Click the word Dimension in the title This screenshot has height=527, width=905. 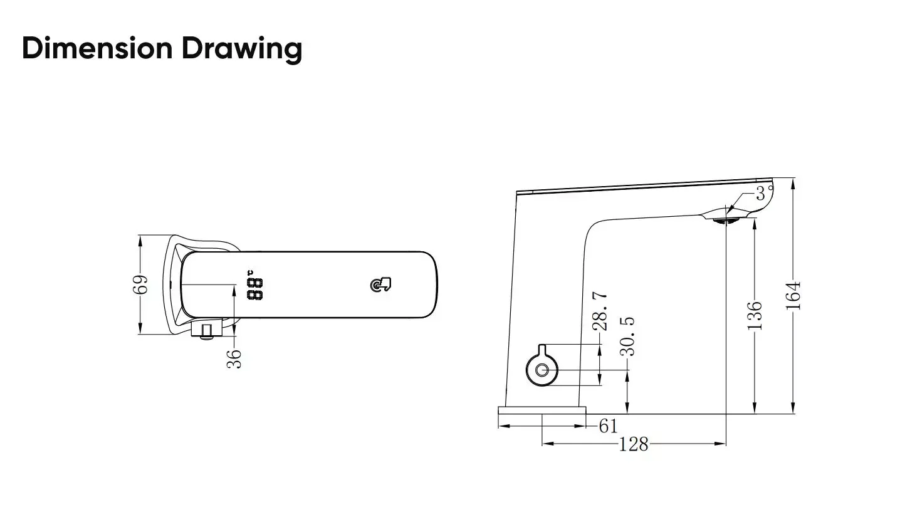(x=97, y=48)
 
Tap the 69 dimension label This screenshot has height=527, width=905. (x=143, y=284)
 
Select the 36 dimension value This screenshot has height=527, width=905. (x=234, y=358)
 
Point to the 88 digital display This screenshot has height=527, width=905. (x=254, y=289)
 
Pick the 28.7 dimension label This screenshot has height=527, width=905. (x=600, y=311)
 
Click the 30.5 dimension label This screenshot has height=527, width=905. (x=627, y=336)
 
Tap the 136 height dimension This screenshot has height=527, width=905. (x=755, y=315)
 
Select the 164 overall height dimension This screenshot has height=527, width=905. (x=793, y=295)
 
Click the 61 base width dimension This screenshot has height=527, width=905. (x=608, y=425)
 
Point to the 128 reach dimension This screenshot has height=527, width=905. (x=634, y=444)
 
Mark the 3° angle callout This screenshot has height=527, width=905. (x=763, y=193)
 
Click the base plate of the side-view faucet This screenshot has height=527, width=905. (x=541, y=410)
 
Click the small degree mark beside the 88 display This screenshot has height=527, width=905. (x=250, y=273)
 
